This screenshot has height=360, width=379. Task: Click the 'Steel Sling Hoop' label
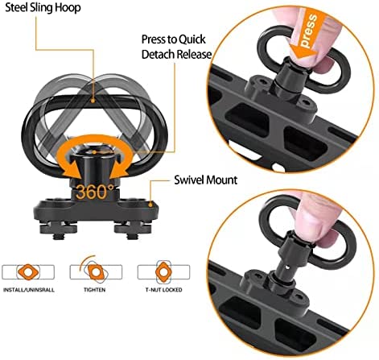coord(43,8)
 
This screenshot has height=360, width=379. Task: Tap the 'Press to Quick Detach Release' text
coord(176,47)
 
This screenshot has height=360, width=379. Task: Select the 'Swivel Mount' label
coord(206,180)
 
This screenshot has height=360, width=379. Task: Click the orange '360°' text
coord(95,192)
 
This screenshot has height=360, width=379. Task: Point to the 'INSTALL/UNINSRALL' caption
coord(29,290)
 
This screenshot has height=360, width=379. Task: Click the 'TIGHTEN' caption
coord(94,290)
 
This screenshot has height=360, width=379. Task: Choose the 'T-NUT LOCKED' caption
coord(163,290)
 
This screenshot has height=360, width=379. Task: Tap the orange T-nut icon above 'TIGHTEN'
coord(96,272)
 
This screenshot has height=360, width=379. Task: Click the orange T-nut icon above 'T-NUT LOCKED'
coord(163,272)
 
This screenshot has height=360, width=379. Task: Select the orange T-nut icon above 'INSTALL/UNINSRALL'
coord(28,272)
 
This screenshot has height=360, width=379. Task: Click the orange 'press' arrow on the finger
coord(308,34)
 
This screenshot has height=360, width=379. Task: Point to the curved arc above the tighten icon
coord(86,262)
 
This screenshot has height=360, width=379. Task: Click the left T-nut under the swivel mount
coord(58,229)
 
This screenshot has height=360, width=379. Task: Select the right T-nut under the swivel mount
coord(133,229)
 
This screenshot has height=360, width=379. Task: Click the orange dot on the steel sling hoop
coord(93,101)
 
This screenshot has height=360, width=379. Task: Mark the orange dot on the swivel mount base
coord(150,205)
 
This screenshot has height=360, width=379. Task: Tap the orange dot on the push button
coord(94,152)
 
